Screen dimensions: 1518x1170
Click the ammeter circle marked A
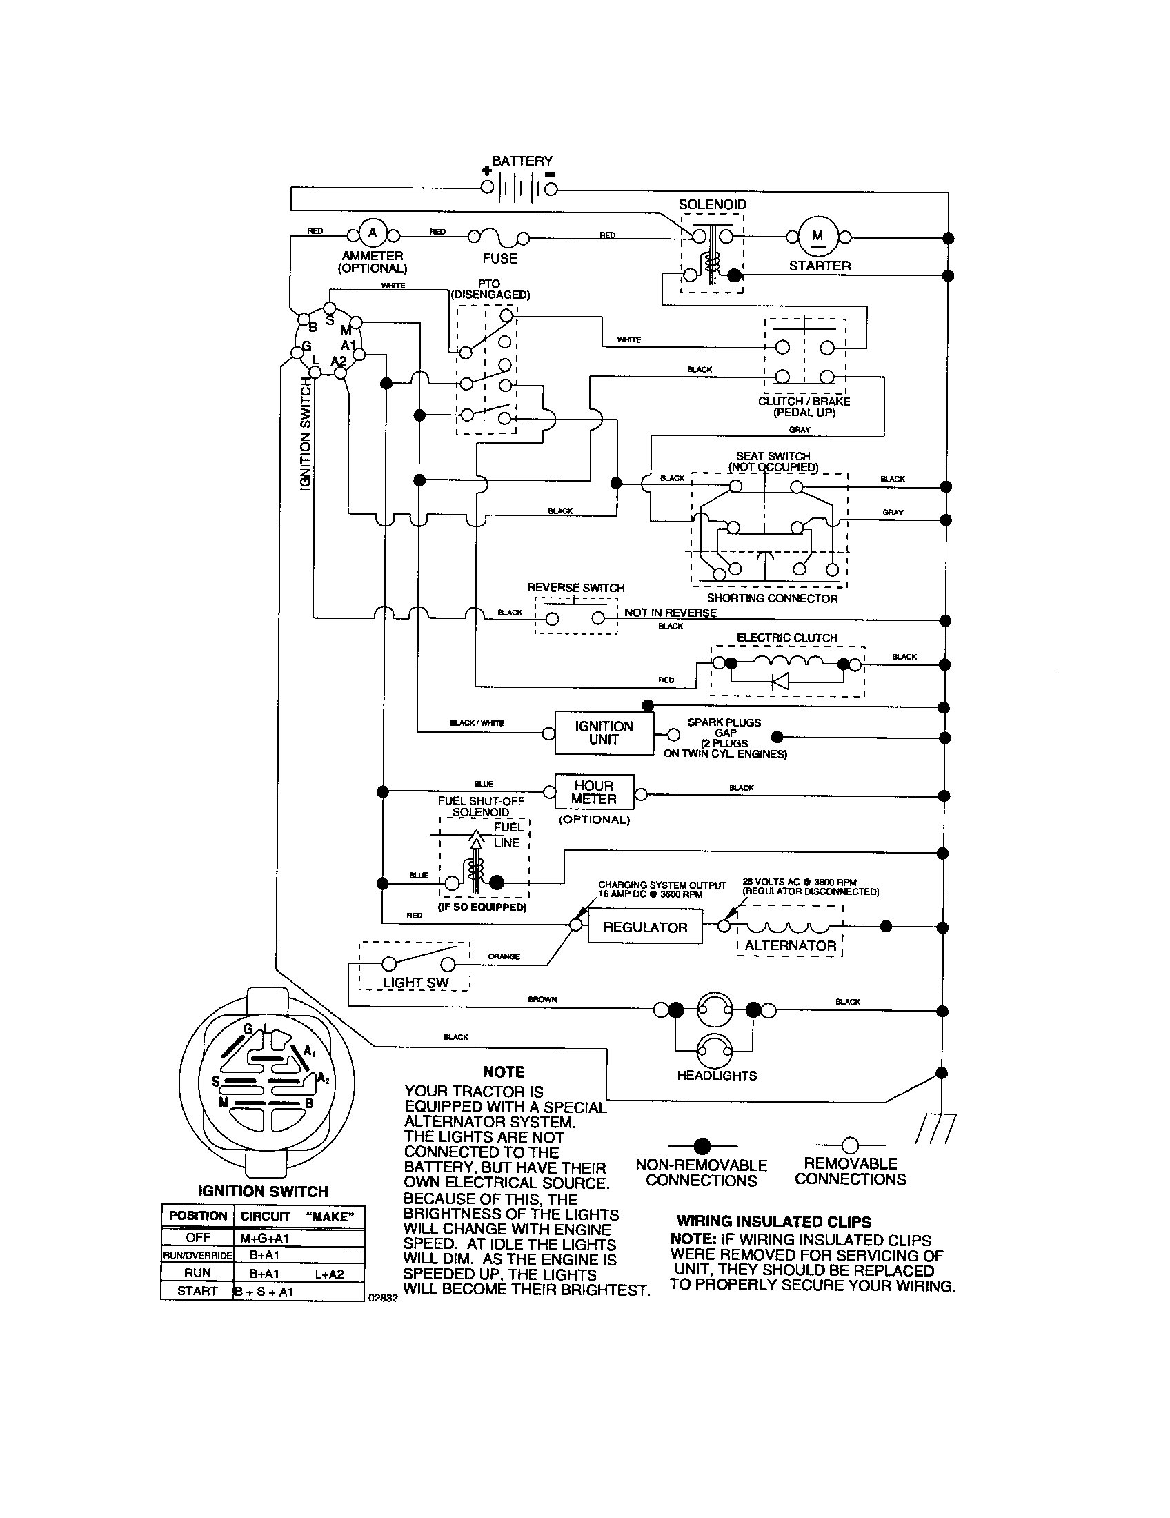pos(373,233)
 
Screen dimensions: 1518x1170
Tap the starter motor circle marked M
pos(817,236)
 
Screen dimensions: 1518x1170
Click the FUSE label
pos(499,259)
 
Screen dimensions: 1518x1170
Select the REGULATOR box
pos(645,927)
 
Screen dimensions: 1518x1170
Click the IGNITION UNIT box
pos(603,733)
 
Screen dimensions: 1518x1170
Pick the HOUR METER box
pos(594,792)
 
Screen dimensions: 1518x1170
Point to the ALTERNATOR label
pos(790,945)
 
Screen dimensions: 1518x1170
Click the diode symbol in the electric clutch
pos(780,681)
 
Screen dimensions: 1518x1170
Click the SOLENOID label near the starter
pos(712,204)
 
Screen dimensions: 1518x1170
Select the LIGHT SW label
pos(415,982)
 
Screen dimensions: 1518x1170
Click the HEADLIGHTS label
pos(716,1075)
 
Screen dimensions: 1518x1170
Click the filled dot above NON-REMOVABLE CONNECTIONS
pos(702,1145)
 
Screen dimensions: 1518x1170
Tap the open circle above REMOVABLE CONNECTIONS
pos(850,1145)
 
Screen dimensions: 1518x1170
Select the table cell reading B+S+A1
pos(264,1292)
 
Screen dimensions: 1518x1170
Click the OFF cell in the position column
pos(197,1238)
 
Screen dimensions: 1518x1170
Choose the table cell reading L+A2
pos(328,1273)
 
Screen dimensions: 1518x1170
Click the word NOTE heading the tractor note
pos(504,1072)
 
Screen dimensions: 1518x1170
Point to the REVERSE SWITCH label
pos(575,588)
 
